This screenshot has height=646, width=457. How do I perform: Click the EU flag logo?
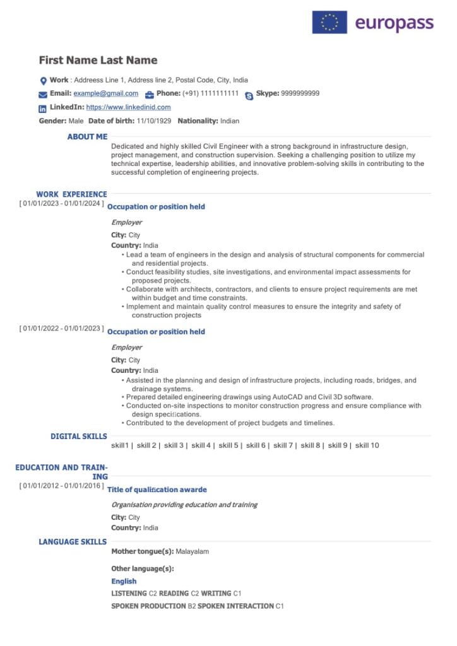tap(329, 23)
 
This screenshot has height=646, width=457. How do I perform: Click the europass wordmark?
tap(395, 23)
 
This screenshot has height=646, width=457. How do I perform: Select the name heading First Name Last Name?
tap(98, 61)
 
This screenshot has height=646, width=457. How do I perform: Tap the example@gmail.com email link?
tap(105, 93)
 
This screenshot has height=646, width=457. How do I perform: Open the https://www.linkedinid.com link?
tap(128, 107)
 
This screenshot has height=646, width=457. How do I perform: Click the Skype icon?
tap(249, 95)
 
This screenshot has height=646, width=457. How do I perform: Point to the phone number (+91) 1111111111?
tap(210, 93)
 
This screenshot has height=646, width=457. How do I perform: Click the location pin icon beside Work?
tap(43, 81)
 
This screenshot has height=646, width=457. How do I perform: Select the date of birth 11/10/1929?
tap(154, 120)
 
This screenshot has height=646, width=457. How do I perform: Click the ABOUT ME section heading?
tap(87, 136)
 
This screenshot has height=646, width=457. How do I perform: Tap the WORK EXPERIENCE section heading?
tap(71, 194)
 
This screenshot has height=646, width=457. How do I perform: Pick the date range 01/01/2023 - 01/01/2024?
tap(61, 204)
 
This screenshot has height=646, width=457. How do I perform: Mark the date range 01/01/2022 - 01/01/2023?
tap(61, 329)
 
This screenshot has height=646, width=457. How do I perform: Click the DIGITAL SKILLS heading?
tap(79, 436)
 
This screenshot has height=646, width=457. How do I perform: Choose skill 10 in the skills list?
tap(367, 445)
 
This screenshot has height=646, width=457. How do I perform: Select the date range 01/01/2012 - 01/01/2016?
tap(61, 486)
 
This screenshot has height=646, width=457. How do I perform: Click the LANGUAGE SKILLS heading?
tap(73, 541)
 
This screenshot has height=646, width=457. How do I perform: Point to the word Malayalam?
tap(192, 551)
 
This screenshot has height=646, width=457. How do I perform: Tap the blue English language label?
tap(124, 581)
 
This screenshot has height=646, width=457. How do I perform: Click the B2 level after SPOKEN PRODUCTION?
tap(192, 606)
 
